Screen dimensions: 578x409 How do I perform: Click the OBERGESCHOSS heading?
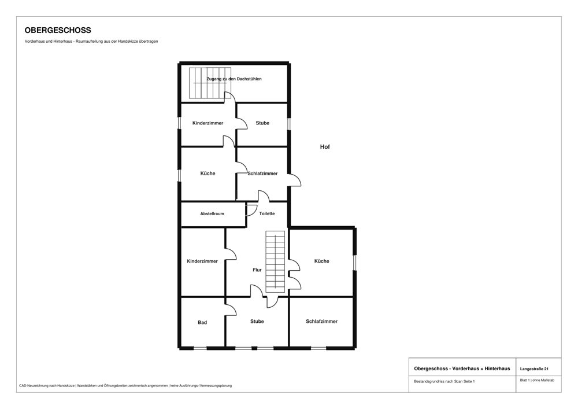click(x=58, y=30)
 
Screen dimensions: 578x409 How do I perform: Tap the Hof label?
click(x=325, y=147)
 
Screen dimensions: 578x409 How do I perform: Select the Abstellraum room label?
click(x=212, y=213)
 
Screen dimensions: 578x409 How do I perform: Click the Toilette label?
click(x=267, y=213)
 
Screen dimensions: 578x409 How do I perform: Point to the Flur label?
click(x=257, y=270)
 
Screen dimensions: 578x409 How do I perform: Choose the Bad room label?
click(x=202, y=322)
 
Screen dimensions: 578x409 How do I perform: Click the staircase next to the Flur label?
click(x=275, y=262)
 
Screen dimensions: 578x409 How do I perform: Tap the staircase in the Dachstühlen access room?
click(x=210, y=83)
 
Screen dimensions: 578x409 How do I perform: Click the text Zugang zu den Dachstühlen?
click(x=234, y=79)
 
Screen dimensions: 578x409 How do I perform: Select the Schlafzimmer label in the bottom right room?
click(x=321, y=321)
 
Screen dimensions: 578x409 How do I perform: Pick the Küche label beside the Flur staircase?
click(x=321, y=261)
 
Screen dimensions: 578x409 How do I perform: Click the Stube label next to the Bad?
click(x=257, y=321)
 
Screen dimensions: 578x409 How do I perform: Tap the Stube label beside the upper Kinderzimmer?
click(x=262, y=123)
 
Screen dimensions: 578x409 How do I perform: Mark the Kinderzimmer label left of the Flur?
click(x=202, y=261)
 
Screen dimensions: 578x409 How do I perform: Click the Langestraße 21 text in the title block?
click(x=534, y=369)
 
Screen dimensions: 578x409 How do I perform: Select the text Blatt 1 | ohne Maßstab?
click(x=537, y=380)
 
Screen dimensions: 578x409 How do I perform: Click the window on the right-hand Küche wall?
click(x=355, y=263)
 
